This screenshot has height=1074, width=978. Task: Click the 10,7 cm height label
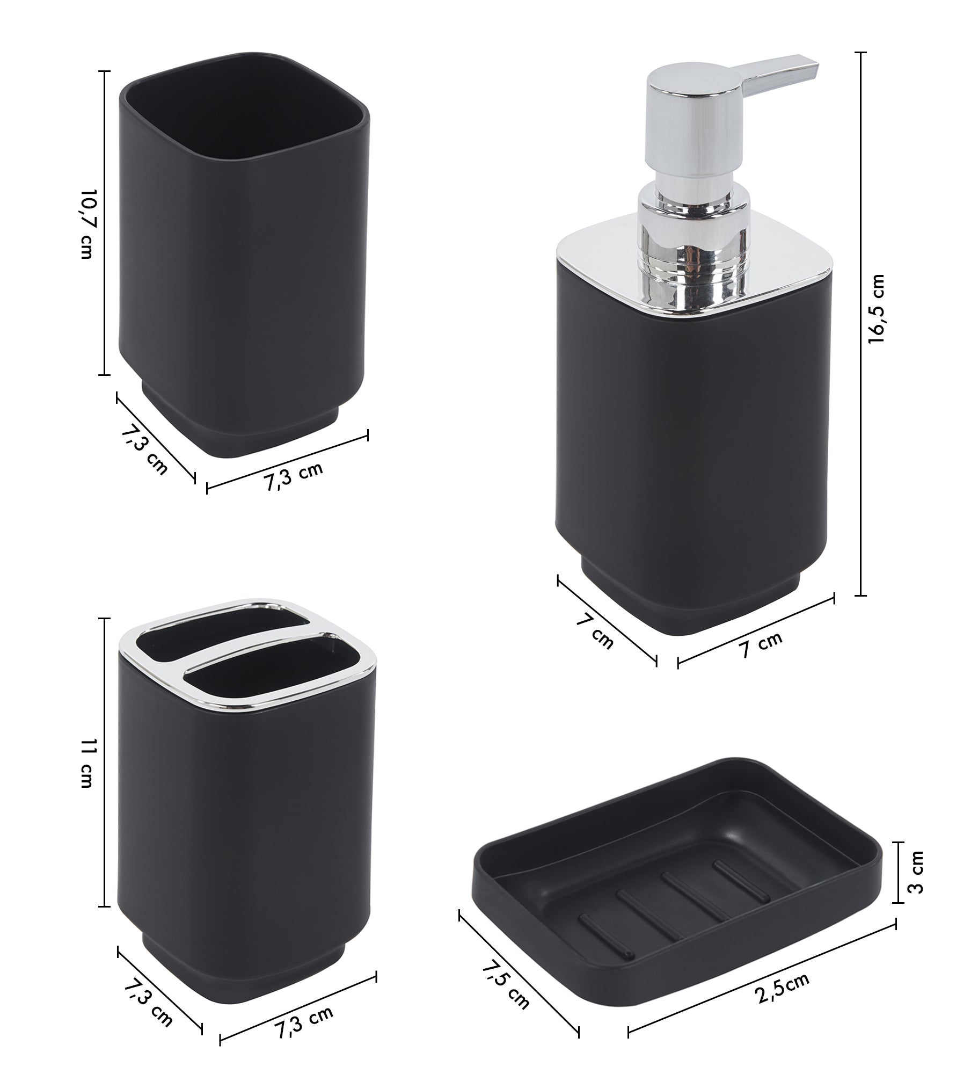(x=86, y=224)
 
